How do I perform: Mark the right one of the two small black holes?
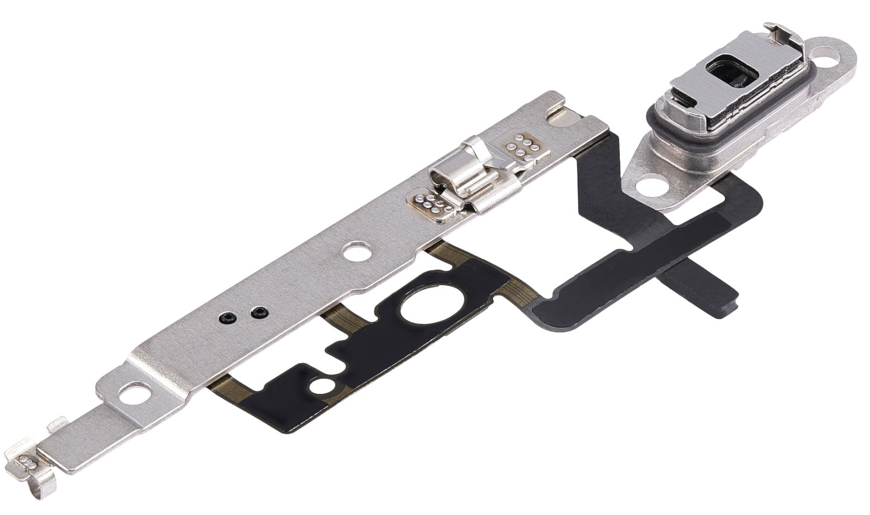click(260, 312)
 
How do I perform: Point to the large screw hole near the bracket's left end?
click(131, 394)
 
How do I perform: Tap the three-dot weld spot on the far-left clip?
click(27, 461)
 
